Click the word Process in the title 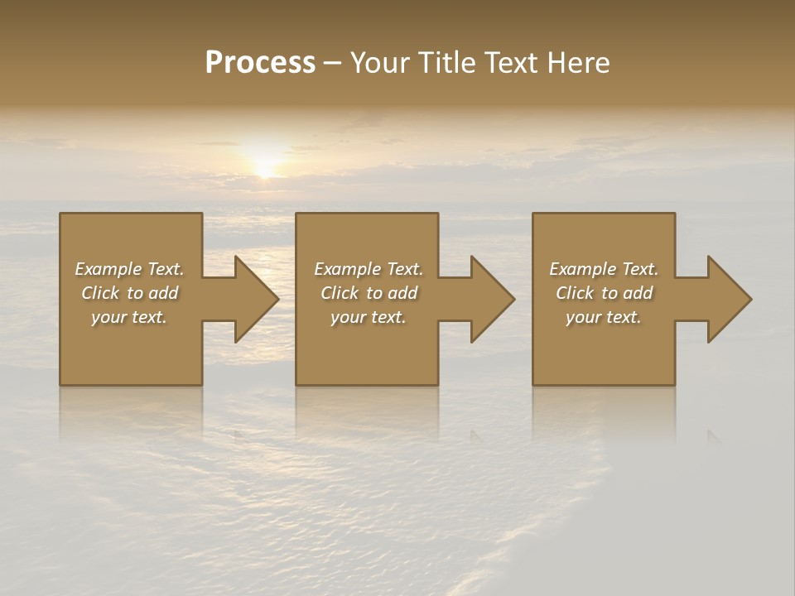point(260,63)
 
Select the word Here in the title point(579,63)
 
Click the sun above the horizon point(264,166)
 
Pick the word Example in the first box point(107,269)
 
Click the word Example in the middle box point(346,269)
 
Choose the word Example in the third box point(581,269)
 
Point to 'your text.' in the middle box point(368,317)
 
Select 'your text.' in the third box point(603,317)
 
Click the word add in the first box point(163,293)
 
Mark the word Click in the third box point(575,293)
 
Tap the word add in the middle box point(402,293)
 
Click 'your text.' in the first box point(128,317)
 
